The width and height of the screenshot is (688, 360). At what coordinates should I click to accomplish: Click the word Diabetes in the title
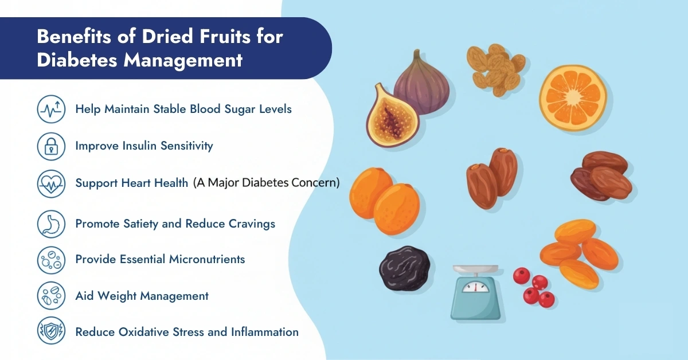click(x=74, y=61)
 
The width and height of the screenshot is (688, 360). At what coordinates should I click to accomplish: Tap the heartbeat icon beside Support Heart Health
click(x=51, y=183)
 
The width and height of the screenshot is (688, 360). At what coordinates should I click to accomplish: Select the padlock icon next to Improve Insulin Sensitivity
click(x=51, y=146)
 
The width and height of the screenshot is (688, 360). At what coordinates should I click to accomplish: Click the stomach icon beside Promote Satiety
click(x=51, y=224)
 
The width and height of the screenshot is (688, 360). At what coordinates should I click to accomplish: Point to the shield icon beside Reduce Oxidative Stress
click(x=51, y=332)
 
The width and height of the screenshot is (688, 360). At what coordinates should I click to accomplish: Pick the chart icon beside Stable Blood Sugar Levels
click(x=51, y=109)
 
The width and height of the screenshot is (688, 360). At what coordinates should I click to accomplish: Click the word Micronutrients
click(x=207, y=259)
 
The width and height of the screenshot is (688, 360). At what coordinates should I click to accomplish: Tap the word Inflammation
click(x=264, y=332)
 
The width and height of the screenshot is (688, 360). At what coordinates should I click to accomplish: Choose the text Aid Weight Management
click(x=142, y=296)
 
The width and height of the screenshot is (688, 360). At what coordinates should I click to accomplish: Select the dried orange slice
click(x=573, y=98)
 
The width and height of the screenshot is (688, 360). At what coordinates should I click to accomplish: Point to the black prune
click(x=404, y=268)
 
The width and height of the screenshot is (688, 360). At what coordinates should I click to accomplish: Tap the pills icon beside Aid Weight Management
click(x=51, y=296)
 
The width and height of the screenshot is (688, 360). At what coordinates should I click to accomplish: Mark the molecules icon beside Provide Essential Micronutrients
click(x=51, y=259)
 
